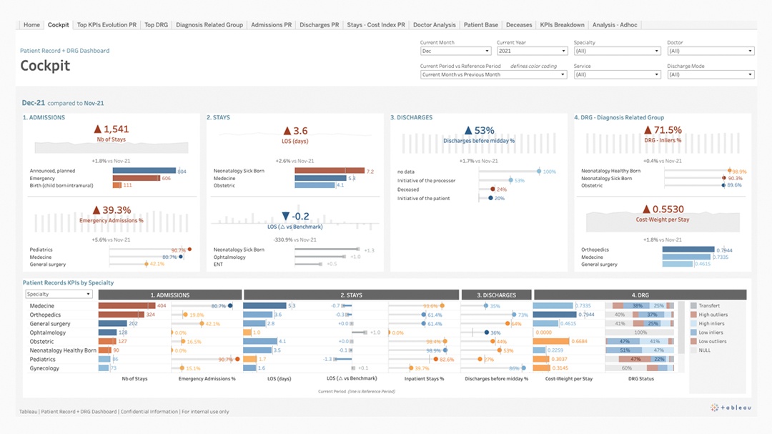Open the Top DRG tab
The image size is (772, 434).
point(156,25)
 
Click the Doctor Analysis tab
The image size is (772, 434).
point(434,25)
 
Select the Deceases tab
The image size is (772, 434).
point(519,25)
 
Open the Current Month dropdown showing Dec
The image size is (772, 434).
point(455,51)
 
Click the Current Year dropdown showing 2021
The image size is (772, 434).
point(532,51)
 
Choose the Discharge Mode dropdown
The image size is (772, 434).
point(711,74)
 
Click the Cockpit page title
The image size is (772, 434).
point(45,66)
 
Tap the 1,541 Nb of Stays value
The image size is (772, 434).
point(112,129)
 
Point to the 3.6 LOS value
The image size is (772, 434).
point(295,131)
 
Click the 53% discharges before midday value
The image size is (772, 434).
point(479,130)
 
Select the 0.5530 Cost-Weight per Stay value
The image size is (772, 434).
point(663,209)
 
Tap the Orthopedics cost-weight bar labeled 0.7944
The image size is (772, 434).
point(688,250)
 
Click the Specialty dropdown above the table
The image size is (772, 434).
point(59,294)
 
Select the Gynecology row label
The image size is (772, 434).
point(44,369)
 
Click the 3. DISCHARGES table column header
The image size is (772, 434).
point(496,295)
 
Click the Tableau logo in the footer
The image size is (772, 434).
point(731,408)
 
